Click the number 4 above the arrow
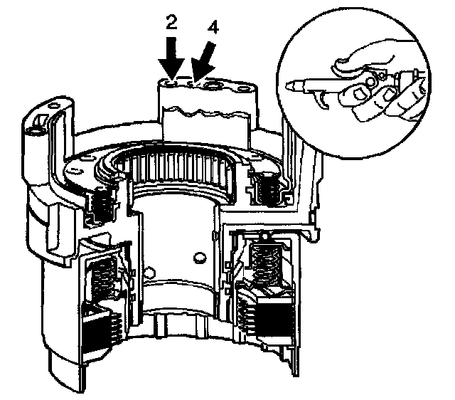tap(213, 29)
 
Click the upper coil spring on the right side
tap(269, 189)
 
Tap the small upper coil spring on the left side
tap(100, 206)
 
